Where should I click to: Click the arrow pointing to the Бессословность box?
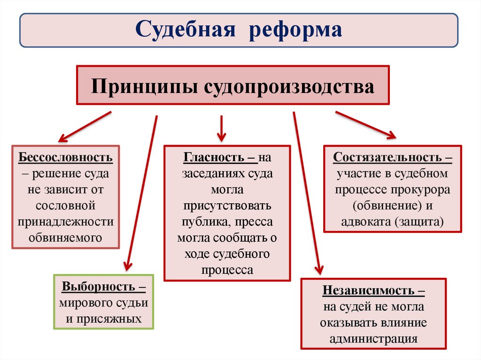[x=85, y=126]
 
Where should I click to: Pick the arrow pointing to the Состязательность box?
[x=365, y=124]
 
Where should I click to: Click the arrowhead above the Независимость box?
[x=319, y=269]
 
